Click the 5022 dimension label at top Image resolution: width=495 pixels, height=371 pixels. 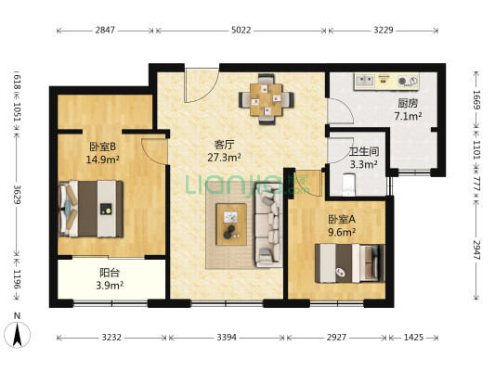(241, 31)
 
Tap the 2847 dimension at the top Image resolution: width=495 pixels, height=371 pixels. (105, 31)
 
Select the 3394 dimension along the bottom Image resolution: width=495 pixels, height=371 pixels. (227, 338)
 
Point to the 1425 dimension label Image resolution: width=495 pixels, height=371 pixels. (413, 338)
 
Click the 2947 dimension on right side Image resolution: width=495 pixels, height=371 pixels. (476, 249)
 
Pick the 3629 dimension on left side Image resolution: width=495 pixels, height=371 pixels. (18, 195)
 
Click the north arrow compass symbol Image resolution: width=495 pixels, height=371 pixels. (18, 334)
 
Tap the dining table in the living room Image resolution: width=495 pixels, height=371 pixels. (267, 99)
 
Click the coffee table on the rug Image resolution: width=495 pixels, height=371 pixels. (231, 224)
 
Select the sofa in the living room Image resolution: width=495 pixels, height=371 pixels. (268, 225)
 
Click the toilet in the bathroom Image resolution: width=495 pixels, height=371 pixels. (349, 185)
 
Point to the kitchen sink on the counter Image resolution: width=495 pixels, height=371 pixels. (365, 81)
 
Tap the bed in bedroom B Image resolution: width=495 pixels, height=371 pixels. (91, 209)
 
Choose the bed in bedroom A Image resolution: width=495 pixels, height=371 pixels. (350, 263)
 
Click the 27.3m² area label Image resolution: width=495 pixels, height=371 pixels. (224, 157)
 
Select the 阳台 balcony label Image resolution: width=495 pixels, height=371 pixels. (110, 273)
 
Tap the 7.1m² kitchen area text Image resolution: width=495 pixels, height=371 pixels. (408, 116)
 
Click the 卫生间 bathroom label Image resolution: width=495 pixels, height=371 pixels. (364, 151)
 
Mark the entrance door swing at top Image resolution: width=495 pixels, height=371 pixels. (202, 85)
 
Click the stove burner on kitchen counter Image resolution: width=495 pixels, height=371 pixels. (402, 81)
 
